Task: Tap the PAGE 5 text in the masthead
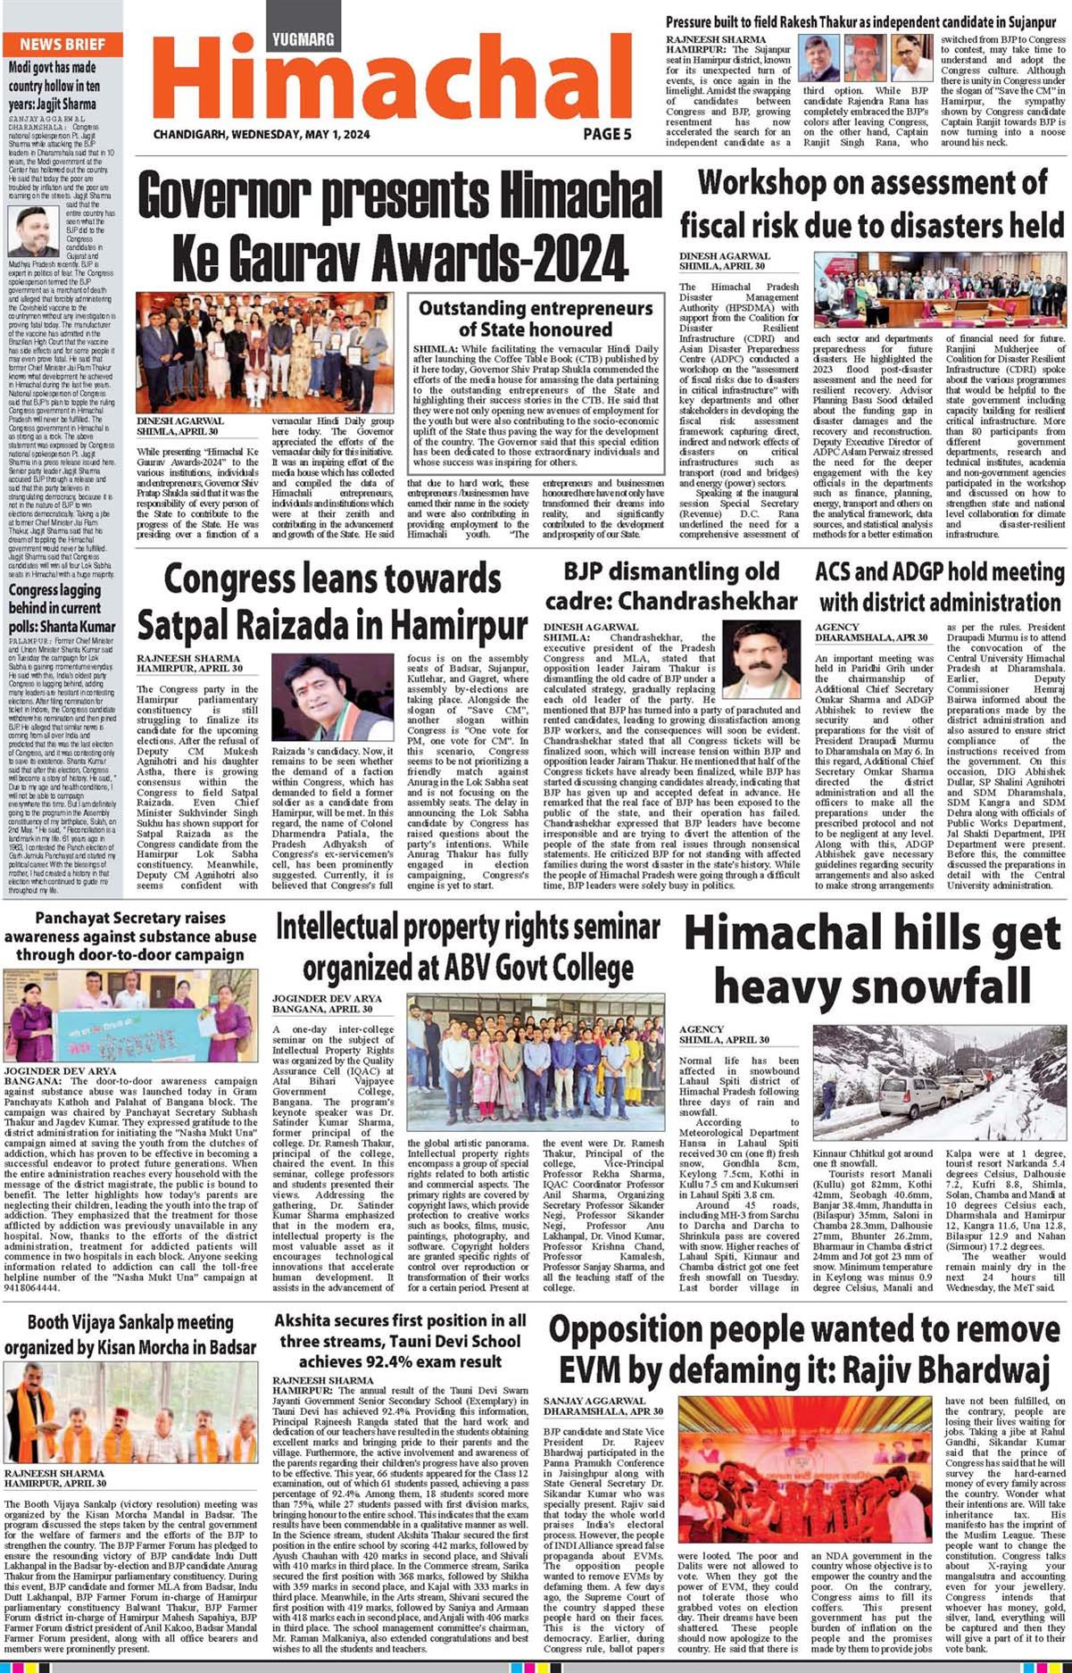607,134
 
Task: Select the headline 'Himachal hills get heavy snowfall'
872,960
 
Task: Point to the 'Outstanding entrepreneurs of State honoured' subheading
536,318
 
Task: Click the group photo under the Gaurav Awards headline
264,353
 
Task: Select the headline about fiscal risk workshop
872,204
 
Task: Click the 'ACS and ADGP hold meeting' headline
940,586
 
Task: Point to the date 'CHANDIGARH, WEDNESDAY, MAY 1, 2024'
261,135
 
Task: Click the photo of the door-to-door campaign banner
130,1017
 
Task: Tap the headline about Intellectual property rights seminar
468,946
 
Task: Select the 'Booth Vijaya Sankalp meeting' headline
130,1334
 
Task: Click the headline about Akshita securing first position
399,1340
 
